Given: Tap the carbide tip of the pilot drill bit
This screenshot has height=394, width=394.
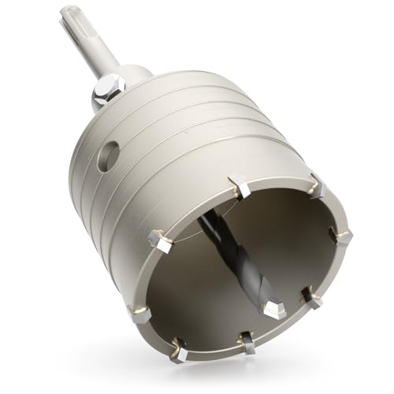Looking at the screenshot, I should [274, 307].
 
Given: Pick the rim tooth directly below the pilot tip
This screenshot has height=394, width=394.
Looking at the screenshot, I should [247, 342].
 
